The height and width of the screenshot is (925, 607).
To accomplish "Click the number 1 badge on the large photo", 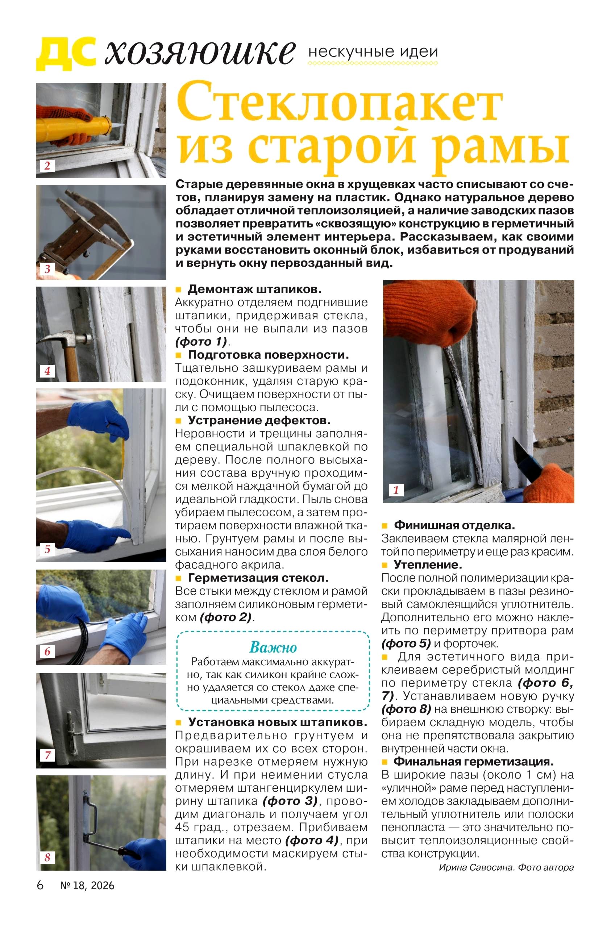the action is click(x=396, y=490).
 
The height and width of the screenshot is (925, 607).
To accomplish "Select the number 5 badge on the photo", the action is click(x=47, y=549).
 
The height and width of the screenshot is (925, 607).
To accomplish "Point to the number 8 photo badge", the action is click(x=47, y=857).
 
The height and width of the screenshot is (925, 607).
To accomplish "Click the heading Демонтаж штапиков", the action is click(x=254, y=289).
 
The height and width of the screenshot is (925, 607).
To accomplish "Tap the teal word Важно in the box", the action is click(x=273, y=647).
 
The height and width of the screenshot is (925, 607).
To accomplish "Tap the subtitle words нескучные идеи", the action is click(x=373, y=52).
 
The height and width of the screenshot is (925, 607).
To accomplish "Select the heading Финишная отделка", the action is click(x=454, y=525).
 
